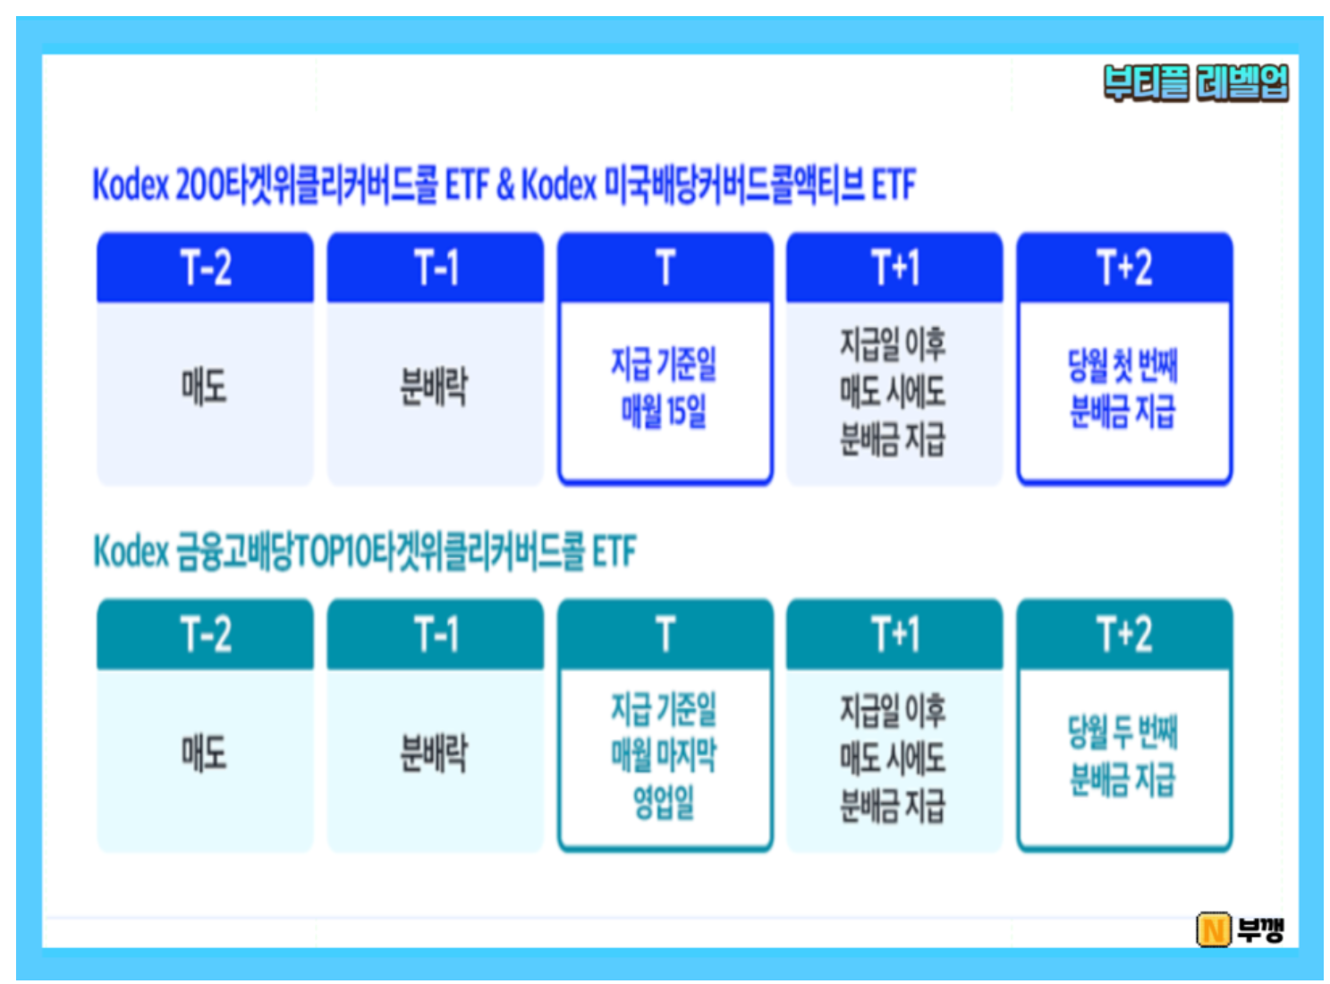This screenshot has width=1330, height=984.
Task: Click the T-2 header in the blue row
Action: pyautogui.click(x=205, y=267)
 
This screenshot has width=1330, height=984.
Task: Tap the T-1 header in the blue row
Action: pyautogui.click(x=436, y=267)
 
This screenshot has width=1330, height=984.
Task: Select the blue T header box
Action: pyautogui.click(x=665, y=267)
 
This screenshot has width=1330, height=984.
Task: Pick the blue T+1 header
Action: pyautogui.click(x=894, y=267)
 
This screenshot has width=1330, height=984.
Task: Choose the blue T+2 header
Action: pyautogui.click(x=1124, y=267)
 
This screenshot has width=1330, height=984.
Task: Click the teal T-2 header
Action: pyautogui.click(x=205, y=633)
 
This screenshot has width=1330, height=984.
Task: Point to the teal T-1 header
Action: pyautogui.click(x=436, y=633)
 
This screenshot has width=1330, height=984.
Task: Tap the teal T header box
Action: pyautogui.click(x=665, y=633)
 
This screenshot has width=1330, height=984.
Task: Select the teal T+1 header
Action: pyautogui.click(x=894, y=633)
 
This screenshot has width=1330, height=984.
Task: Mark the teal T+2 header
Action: pyautogui.click(x=1124, y=633)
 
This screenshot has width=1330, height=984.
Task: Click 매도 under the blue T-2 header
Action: pyautogui.click(x=205, y=387)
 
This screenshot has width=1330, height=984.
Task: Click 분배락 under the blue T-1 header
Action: pyautogui.click(x=434, y=387)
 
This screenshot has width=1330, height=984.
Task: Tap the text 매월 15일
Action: pyautogui.click(x=664, y=411)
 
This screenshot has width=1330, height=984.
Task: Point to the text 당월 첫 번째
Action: pyautogui.click(x=1122, y=365)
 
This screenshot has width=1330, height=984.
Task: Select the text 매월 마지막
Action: pyautogui.click(x=664, y=754)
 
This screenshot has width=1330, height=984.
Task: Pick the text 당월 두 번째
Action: pyautogui.click(x=1122, y=732)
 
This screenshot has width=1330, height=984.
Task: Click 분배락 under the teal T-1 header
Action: pyautogui.click(x=434, y=753)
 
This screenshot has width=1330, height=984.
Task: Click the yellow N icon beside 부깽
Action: pyautogui.click(x=1214, y=930)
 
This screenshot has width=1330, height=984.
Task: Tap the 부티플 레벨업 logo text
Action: pyautogui.click(x=1196, y=83)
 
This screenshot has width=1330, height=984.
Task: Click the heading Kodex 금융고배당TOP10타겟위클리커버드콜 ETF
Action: pyautogui.click(x=365, y=551)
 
